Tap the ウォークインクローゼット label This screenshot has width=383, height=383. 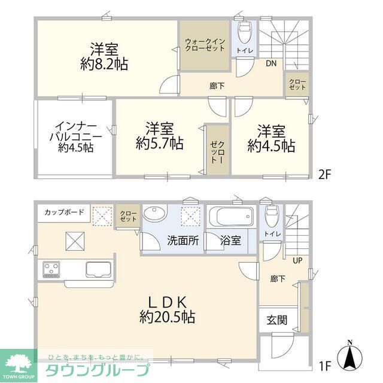(205, 45)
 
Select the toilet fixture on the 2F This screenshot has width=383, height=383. (245, 30)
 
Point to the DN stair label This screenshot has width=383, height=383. (271, 62)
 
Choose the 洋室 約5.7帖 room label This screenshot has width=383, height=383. (159, 136)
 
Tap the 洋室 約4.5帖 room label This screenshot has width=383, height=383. (271, 138)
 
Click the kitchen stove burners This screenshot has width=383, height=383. (51, 269)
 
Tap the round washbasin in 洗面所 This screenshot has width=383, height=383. (157, 214)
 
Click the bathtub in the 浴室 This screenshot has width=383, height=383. (229, 216)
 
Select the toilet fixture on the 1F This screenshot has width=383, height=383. (270, 215)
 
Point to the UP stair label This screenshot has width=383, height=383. (296, 260)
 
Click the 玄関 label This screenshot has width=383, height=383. (276, 320)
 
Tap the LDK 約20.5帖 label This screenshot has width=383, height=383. (165, 309)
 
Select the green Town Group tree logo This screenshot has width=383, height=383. (18, 363)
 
